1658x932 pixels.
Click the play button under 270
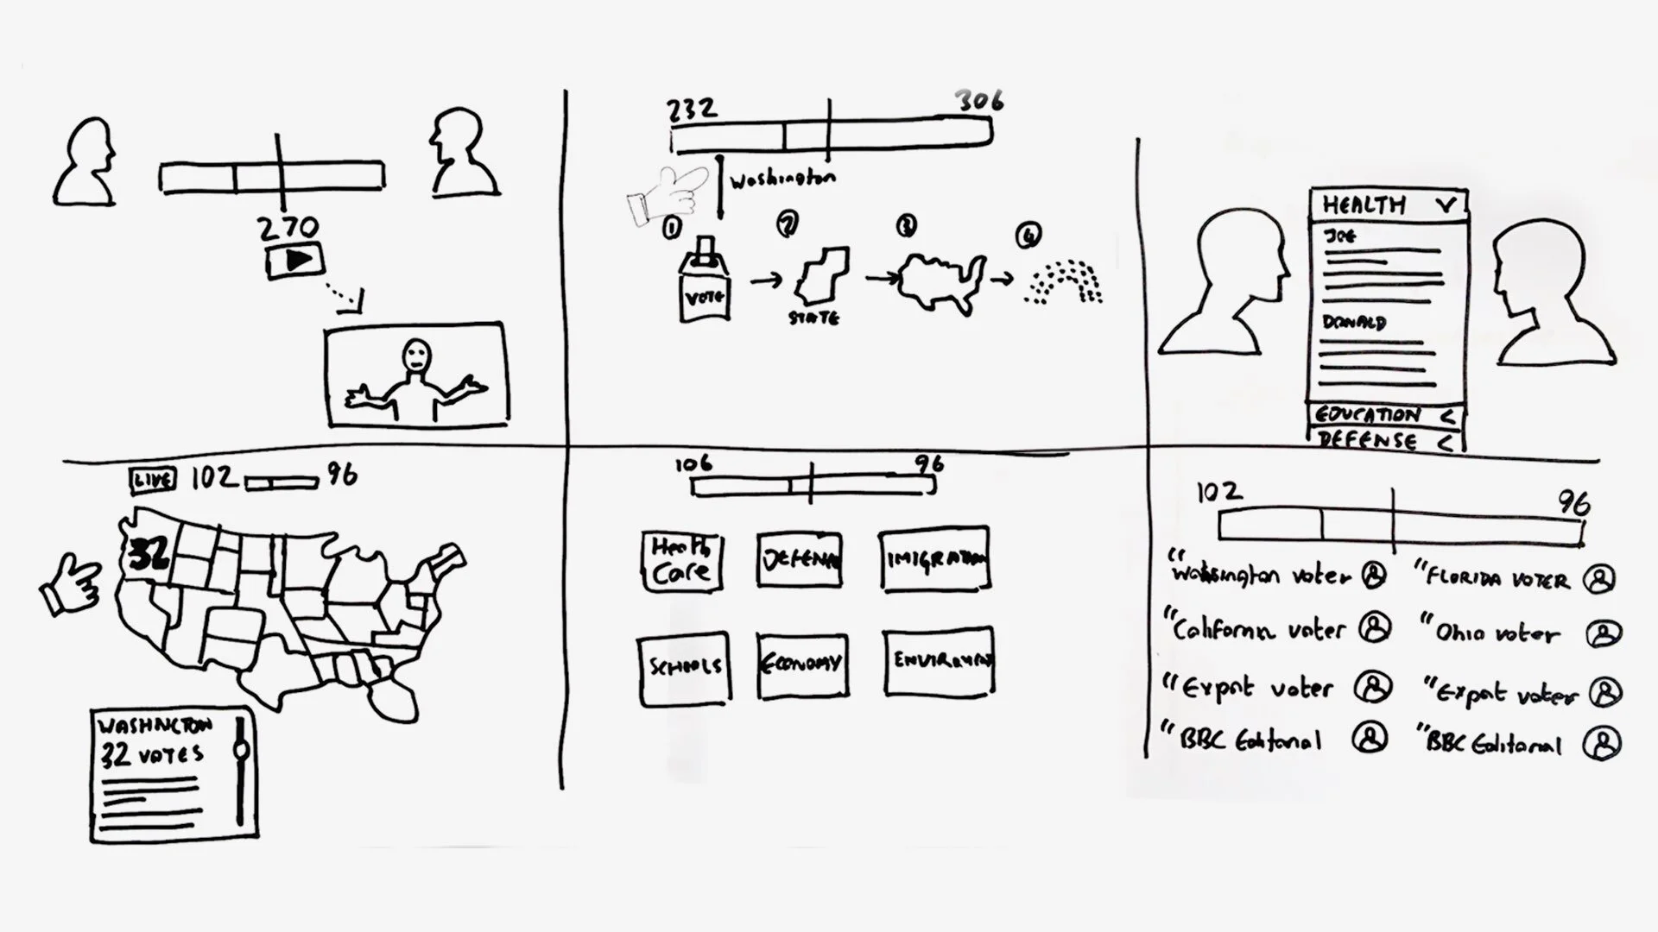294,260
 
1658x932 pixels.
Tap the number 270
288,228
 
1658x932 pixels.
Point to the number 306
979,101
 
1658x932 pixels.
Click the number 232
692,109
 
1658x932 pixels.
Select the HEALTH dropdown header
1388,205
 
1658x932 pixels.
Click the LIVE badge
153,480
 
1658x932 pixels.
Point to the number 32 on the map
149,555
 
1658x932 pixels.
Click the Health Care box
681,561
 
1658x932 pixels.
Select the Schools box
684,666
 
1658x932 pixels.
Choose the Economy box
801,664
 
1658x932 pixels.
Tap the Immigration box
934,559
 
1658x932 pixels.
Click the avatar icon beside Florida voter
1598,579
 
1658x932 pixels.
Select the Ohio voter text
1497,633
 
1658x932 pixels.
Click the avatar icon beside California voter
1374,628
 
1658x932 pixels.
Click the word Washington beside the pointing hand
782,179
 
